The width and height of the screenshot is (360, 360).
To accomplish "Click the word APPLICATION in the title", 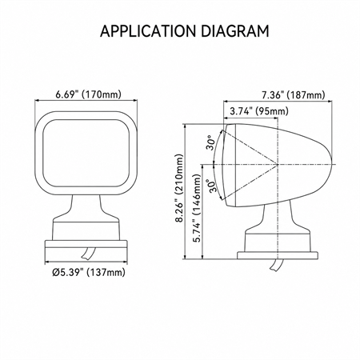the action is (x=148, y=31).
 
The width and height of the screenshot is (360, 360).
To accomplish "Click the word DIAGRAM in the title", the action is (x=235, y=31).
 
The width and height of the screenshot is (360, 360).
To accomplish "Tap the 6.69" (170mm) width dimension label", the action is (x=88, y=94).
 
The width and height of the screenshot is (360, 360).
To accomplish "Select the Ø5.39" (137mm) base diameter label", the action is (x=89, y=272).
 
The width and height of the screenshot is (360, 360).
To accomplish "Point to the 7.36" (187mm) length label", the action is (x=294, y=95).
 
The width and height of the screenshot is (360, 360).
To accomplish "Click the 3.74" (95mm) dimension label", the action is (x=259, y=111).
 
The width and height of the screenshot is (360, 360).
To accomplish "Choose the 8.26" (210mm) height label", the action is (x=180, y=188).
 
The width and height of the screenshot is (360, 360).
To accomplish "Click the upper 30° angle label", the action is (x=210, y=142).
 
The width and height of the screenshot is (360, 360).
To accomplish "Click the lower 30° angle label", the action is (x=213, y=186).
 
